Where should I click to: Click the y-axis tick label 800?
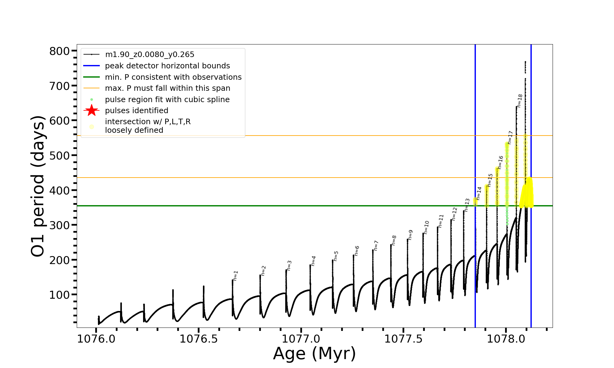point(60,51)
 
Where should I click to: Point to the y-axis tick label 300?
point(60,225)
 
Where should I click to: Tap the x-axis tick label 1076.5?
point(199,339)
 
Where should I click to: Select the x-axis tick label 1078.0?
point(506,339)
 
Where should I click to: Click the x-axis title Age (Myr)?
point(314,354)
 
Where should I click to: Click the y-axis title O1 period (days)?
point(38,186)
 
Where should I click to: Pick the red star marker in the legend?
point(91,110)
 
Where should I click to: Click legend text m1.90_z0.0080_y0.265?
point(150,55)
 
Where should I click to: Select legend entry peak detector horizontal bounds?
point(167,66)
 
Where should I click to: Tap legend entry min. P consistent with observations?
point(173,77)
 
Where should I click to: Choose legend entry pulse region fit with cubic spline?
point(167,100)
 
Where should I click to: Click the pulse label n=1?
point(235,276)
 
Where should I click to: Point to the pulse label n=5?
point(336,256)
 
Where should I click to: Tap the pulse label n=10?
point(426,227)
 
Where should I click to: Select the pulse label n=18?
point(519,101)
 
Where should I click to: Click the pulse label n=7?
point(376,246)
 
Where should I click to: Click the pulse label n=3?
point(289,266)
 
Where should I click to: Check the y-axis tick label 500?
point(60,156)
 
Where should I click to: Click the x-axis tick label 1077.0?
point(301,339)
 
